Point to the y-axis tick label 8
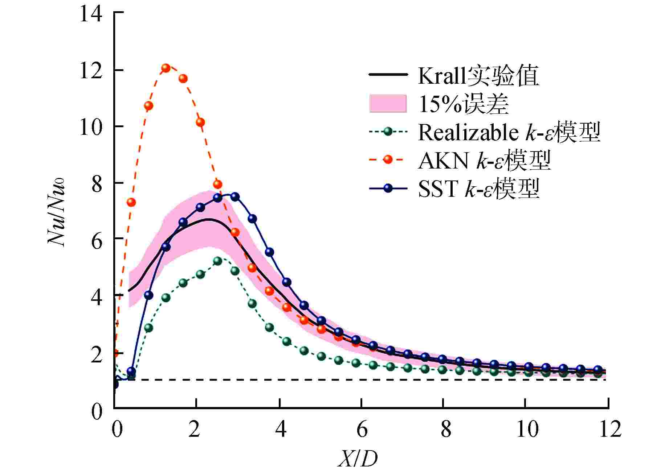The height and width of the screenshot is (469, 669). coord(97,184)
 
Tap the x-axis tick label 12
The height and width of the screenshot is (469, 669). coord(610,430)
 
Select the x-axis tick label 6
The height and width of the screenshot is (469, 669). coord(362,430)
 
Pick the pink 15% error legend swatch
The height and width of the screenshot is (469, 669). coord(387,104)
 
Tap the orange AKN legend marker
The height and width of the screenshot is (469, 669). coord(388,159)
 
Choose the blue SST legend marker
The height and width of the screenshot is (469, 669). coord(388,188)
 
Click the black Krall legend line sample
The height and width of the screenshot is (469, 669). coord(387,75)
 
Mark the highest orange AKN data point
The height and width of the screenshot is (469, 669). coord(166,68)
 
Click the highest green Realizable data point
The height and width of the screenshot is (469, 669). coord(217,261)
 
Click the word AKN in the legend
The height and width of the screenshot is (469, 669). coord(443,160)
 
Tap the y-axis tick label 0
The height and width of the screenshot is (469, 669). coord(97,411)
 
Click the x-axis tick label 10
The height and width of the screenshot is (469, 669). coord(527,430)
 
